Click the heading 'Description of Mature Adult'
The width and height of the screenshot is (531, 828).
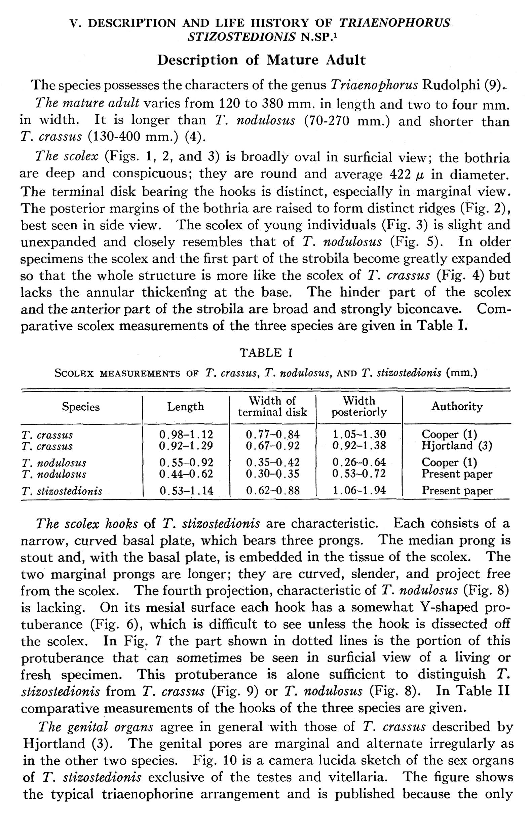point(261,60)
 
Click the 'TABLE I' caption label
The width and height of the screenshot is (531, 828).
point(266,353)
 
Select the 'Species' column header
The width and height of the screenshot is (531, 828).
point(81,407)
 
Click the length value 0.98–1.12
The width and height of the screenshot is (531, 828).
point(186,434)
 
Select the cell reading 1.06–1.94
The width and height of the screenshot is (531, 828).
point(359,490)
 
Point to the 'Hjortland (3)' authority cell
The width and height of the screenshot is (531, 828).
point(457,446)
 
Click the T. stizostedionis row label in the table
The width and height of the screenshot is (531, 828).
point(62,491)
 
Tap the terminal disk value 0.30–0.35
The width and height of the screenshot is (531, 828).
point(272,474)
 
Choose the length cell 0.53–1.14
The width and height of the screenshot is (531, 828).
point(186,490)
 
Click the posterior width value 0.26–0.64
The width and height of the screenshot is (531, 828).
point(359,462)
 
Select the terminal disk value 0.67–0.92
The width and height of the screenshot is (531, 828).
point(272,446)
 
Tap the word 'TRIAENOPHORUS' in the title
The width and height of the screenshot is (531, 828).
point(394,23)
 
